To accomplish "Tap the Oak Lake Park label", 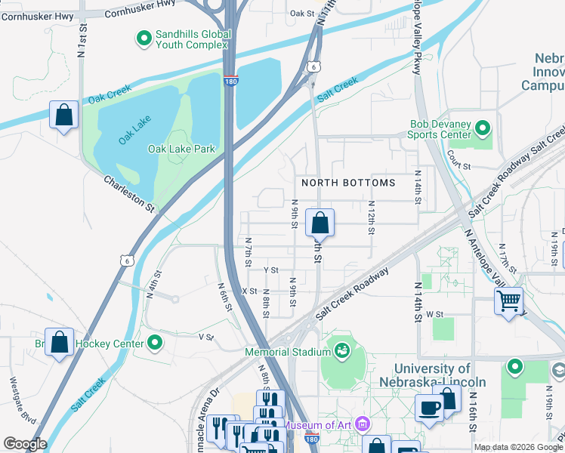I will pyautogui.click(x=181, y=149).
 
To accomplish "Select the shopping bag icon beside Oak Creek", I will pyautogui.click(x=64, y=116).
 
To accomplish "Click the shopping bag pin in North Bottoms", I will pyautogui.click(x=320, y=223).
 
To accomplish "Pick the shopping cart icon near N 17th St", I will pyautogui.click(x=509, y=300).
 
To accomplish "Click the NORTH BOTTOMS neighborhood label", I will pyautogui.click(x=348, y=183).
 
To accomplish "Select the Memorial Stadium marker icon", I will pyautogui.click(x=341, y=351).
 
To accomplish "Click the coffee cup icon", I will pyautogui.click(x=430, y=407).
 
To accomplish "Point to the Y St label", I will pyautogui.click(x=271, y=270).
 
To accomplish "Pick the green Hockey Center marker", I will pyautogui.click(x=156, y=344).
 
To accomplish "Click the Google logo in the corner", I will pyautogui.click(x=24, y=444).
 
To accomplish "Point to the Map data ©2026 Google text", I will pyautogui.click(x=518, y=446).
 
